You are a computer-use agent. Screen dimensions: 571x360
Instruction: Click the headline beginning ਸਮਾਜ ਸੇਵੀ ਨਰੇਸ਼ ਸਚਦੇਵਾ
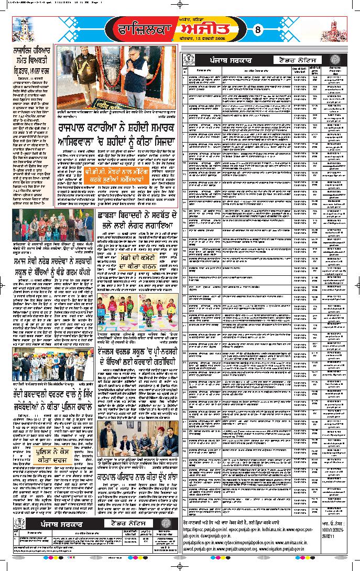coord(52,267)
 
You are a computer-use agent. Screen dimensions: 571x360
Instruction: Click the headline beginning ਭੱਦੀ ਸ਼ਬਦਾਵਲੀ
coord(52,398)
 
